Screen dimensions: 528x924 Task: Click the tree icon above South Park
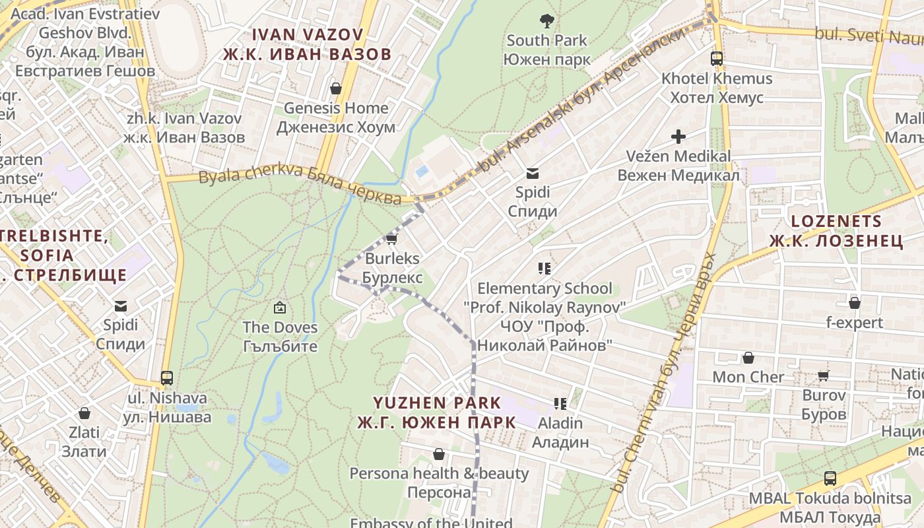[x=546, y=20]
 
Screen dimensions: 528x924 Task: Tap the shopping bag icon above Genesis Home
[x=336, y=88]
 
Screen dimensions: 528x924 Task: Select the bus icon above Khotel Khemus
[x=717, y=59]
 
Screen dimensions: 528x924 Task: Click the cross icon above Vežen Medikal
[x=678, y=137]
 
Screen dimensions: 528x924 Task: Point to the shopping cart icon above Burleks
[x=391, y=238]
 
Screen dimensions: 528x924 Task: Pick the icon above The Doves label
[x=280, y=307]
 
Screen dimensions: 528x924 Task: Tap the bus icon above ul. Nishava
[x=167, y=378]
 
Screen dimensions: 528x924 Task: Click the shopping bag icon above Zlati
[x=84, y=413]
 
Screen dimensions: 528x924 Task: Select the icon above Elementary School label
[x=544, y=268]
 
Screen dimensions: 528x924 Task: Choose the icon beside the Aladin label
[x=560, y=403]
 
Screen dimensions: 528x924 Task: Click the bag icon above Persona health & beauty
[x=439, y=454]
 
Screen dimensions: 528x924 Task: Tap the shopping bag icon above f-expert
[x=855, y=303]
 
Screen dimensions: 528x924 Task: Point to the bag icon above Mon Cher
[x=748, y=358]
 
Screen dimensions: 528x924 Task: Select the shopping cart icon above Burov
[x=824, y=376]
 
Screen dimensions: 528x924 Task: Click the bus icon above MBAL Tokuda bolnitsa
[x=830, y=478]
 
